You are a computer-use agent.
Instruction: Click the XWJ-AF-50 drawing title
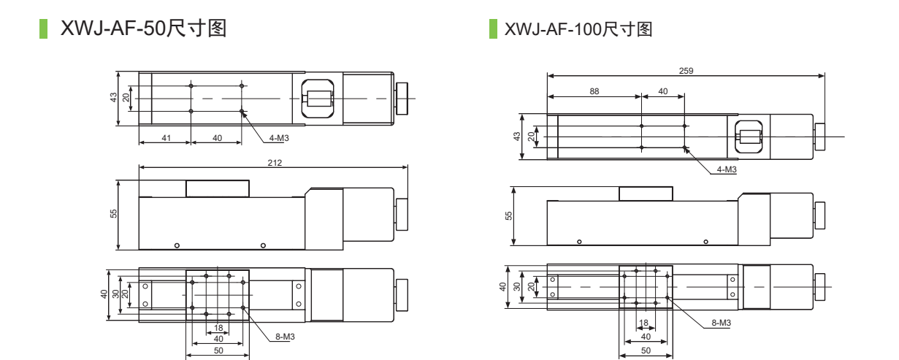click(x=143, y=28)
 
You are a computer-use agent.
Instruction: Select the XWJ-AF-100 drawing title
click(x=578, y=29)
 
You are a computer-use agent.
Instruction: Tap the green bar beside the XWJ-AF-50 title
click(x=43, y=29)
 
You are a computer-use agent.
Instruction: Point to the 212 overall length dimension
click(x=275, y=163)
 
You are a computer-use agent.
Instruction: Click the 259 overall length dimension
click(x=686, y=71)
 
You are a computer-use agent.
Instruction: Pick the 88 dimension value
click(x=594, y=91)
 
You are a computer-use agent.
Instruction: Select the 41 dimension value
click(x=167, y=138)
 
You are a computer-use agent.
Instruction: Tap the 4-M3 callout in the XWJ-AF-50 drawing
click(x=279, y=138)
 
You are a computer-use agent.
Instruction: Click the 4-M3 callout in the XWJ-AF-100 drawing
click(x=727, y=169)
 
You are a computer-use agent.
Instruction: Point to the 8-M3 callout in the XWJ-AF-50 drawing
click(x=285, y=337)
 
